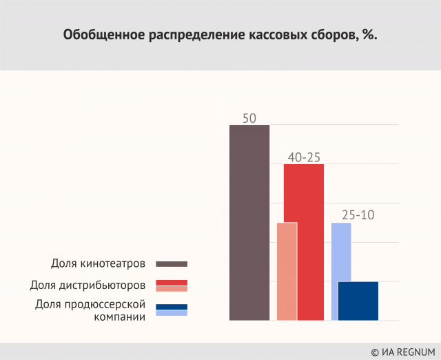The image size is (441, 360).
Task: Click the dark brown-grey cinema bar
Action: click(x=249, y=222)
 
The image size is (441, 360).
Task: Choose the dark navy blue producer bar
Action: click(x=358, y=301)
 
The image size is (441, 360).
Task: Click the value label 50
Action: click(x=249, y=118)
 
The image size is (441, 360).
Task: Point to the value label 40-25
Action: click(x=305, y=157)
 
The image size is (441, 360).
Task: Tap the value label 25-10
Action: click(x=358, y=215)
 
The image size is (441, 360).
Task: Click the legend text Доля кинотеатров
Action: click(x=98, y=263)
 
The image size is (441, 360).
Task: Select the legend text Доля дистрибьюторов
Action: click(x=88, y=285)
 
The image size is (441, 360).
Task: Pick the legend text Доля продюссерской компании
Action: click(x=91, y=310)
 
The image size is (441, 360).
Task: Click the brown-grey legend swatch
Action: click(x=172, y=263)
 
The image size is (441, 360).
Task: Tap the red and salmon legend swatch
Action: click(x=172, y=286)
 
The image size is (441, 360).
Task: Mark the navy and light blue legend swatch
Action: click(x=172, y=310)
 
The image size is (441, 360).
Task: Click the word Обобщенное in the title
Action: click(x=104, y=34)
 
